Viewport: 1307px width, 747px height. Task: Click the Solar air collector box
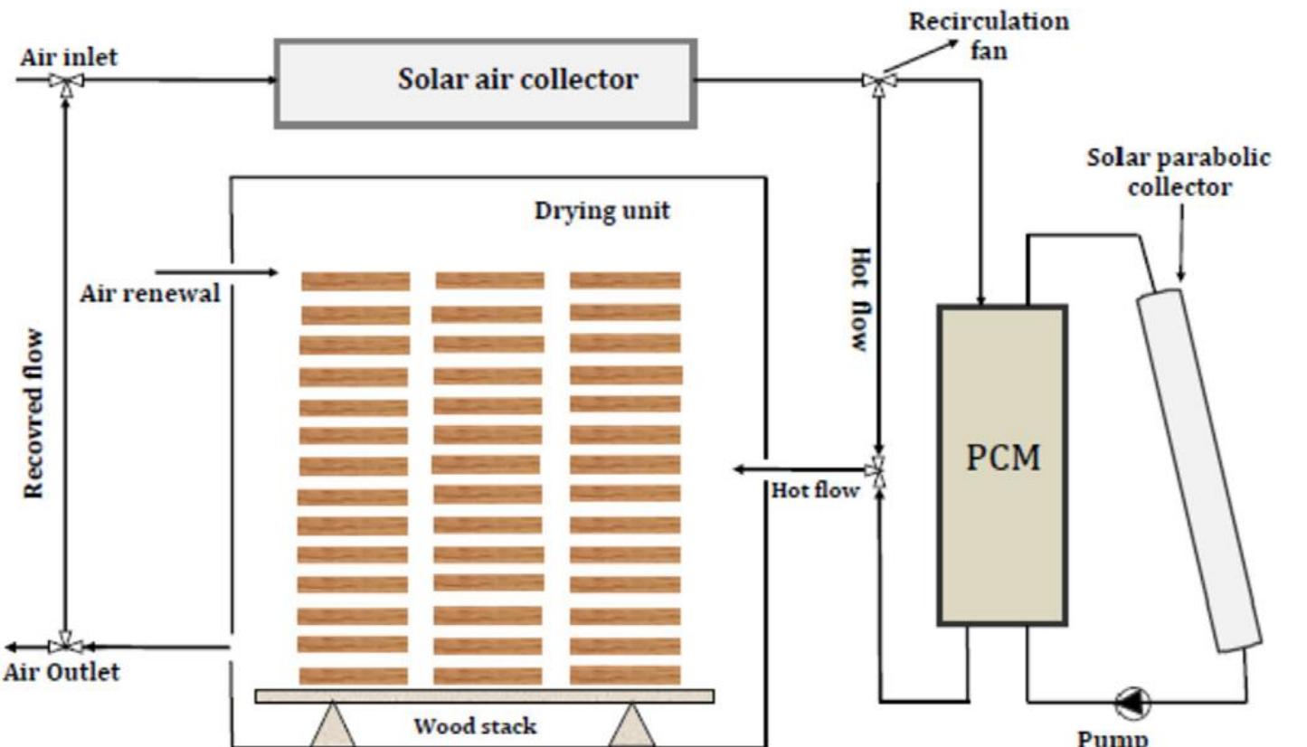(486, 82)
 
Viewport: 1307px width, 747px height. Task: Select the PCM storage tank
(1002, 465)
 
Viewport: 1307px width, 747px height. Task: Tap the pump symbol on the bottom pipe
(1132, 699)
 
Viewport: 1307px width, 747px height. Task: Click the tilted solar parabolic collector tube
(1199, 470)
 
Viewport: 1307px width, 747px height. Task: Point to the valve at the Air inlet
(66, 81)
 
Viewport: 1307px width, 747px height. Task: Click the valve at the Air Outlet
(66, 646)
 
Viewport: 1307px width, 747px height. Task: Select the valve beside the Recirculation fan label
(876, 81)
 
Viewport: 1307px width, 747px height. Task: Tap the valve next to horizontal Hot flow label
(876, 468)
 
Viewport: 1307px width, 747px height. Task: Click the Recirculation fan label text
(989, 34)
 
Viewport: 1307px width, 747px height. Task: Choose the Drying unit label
(601, 212)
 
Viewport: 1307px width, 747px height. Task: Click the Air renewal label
(150, 294)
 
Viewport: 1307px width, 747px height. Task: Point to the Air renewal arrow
(217, 270)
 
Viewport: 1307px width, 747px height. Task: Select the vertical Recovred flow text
(33, 413)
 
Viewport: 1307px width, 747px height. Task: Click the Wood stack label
(475, 726)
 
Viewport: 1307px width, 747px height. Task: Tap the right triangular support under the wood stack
(630, 725)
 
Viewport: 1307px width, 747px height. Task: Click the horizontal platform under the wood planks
(484, 695)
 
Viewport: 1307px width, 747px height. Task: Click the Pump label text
(1113, 736)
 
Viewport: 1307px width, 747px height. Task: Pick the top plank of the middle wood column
(489, 280)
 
